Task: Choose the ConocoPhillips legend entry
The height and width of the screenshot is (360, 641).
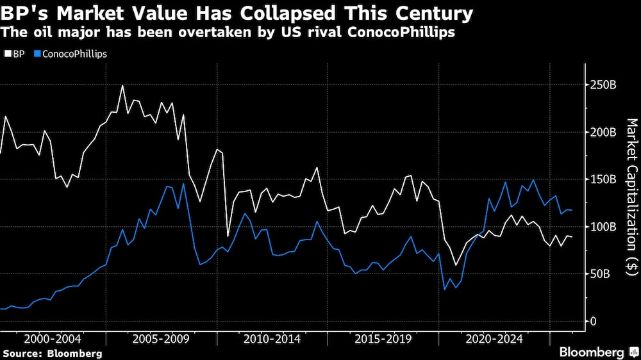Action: pos(71,54)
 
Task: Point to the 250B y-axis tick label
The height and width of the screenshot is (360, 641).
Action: pos(604,85)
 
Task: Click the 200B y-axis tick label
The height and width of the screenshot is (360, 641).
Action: pos(604,132)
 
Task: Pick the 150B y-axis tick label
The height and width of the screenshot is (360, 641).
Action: pos(604,179)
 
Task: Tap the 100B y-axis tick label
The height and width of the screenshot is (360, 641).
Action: pos(604,227)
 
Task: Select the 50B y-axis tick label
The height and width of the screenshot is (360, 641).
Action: pos(601,274)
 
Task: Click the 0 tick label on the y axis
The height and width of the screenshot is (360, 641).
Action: pos(593,321)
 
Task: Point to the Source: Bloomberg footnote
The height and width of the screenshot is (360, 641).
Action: pos(52,353)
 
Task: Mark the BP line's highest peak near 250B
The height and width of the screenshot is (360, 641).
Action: pos(122,85)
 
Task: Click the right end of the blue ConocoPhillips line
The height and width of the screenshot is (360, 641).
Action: pos(572,210)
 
